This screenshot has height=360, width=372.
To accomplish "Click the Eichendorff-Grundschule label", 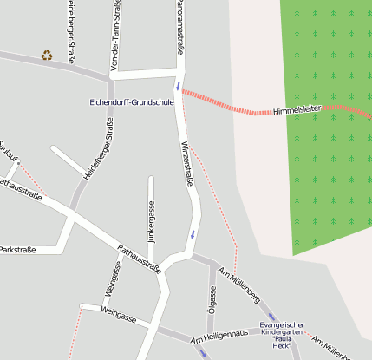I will (x=132, y=102).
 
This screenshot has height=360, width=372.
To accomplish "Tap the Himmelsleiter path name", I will (x=297, y=112).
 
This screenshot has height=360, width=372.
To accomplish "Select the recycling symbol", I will (x=46, y=56).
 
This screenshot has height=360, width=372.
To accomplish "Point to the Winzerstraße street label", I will (x=186, y=164).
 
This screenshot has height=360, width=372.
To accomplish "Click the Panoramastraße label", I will (x=179, y=26).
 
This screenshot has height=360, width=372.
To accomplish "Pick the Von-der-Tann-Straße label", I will (x=115, y=36).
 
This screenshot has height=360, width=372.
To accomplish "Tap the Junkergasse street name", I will (x=151, y=222).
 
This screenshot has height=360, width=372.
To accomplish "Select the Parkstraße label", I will (x=16, y=250).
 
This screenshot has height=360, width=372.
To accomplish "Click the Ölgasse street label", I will (x=212, y=298).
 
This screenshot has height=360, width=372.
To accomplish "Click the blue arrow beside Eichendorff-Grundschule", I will (x=179, y=85).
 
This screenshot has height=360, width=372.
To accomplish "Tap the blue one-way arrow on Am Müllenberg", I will (x=271, y=317).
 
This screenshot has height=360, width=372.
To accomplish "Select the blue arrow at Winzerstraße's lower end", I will (x=193, y=234).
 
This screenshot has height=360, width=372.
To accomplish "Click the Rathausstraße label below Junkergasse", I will (x=139, y=257).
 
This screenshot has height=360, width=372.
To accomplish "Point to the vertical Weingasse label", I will (x=111, y=278).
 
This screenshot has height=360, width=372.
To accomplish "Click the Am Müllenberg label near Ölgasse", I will (x=240, y=284).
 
